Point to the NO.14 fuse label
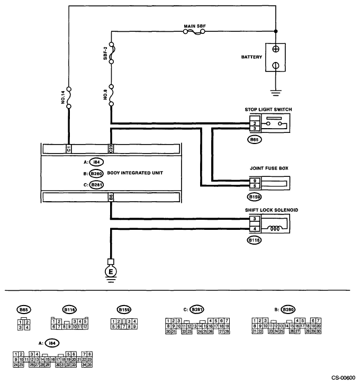[x=62, y=97]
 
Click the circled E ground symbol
[x=111, y=272]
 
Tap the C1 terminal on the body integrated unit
[x=69, y=149]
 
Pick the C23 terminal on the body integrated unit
[x=111, y=149]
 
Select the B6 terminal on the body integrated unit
[x=111, y=198]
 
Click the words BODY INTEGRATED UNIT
[x=136, y=173]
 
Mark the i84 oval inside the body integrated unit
[x=96, y=162]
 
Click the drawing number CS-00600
[x=343, y=378]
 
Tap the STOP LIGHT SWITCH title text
[x=268, y=110]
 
